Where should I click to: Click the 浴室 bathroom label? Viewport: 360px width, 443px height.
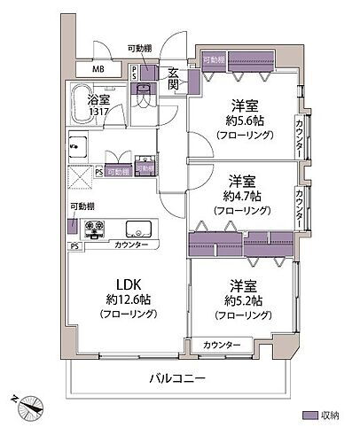[x=98, y=101]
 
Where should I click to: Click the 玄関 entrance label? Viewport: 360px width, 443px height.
[x=175, y=79]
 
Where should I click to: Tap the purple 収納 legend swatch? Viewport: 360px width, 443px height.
[x=310, y=416]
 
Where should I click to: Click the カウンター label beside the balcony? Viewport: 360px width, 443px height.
[x=222, y=344]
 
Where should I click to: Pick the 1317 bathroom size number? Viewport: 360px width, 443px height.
[x=98, y=113]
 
